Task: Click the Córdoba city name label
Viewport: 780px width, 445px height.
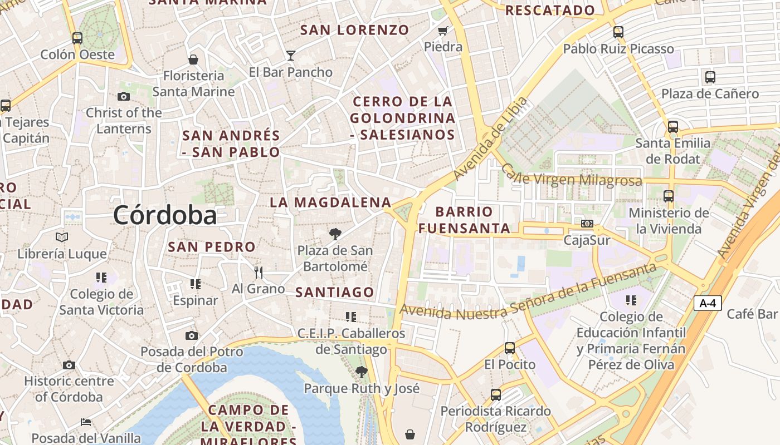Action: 165,215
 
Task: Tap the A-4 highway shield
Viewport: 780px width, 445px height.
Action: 708,303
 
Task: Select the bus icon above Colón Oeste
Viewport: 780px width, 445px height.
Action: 77,38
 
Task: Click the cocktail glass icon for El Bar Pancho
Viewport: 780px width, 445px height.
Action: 290,55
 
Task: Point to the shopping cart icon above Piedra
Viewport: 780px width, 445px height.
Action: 443,31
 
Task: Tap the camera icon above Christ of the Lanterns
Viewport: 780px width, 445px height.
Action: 124,97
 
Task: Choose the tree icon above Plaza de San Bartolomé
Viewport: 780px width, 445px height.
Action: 335,234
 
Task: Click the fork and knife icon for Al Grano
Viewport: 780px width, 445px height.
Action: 258,272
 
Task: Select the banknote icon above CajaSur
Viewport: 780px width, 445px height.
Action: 587,224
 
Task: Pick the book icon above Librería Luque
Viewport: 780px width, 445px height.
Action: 62,238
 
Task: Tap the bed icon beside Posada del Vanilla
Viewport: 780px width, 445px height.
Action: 86,422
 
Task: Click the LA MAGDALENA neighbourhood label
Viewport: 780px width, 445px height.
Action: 330,202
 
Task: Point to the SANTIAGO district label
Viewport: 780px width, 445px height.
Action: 334,292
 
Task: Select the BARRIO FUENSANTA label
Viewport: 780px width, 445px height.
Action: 464,220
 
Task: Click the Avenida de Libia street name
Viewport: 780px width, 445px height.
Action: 490,138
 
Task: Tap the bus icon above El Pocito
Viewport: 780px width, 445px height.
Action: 509,348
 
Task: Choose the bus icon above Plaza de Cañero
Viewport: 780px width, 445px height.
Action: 710,77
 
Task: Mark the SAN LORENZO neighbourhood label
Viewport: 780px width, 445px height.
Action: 354,30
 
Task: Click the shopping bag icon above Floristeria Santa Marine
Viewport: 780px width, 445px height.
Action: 193,60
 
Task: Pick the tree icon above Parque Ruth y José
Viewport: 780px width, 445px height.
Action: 361,372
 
